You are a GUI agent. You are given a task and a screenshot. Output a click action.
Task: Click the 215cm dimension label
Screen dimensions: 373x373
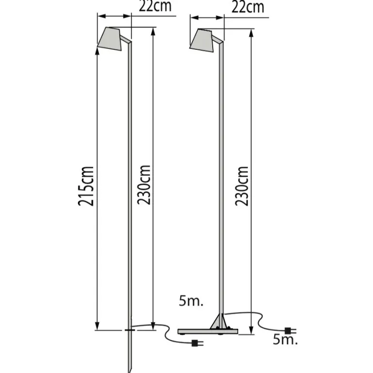coord(86,186)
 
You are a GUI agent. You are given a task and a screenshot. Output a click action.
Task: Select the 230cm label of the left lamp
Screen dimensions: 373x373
coord(144,185)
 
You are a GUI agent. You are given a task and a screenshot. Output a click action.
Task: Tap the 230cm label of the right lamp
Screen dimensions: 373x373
coord(241,186)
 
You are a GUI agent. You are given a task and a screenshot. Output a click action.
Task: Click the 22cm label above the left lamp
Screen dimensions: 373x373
coord(155,6)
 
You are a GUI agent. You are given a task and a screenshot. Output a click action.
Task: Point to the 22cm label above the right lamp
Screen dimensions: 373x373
coord(248,7)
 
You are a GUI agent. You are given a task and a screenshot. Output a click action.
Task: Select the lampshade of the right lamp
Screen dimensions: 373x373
coord(202,40)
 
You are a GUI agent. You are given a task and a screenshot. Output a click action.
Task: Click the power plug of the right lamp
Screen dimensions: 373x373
coord(291,331)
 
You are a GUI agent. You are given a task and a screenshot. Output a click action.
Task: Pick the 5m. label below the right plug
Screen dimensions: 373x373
coord(285,340)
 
